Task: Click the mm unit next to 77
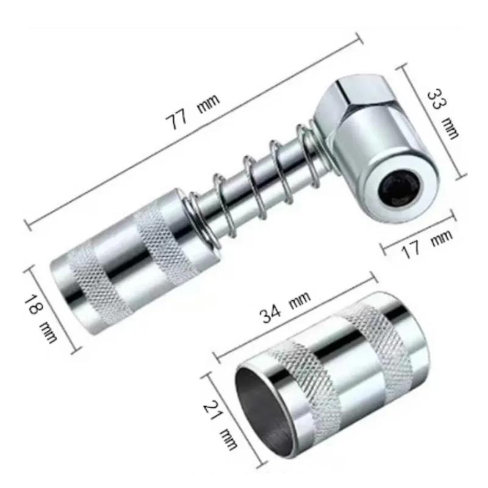click(x=209, y=102)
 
